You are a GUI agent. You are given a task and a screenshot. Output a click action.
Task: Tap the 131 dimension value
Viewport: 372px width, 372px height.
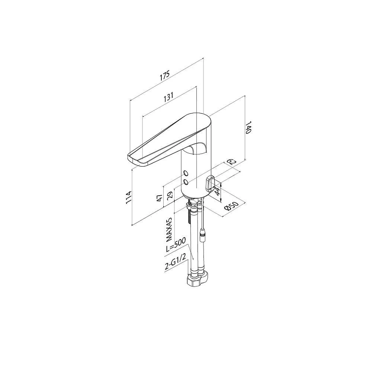point(168,97)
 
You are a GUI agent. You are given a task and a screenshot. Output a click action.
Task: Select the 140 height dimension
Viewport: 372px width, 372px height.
point(248,127)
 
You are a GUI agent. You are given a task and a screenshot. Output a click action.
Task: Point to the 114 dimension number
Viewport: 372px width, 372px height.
point(128,197)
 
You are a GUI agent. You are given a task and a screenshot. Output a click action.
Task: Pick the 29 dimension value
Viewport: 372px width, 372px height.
point(170,196)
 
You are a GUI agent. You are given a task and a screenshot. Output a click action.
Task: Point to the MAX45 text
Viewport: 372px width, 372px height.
point(170,229)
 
